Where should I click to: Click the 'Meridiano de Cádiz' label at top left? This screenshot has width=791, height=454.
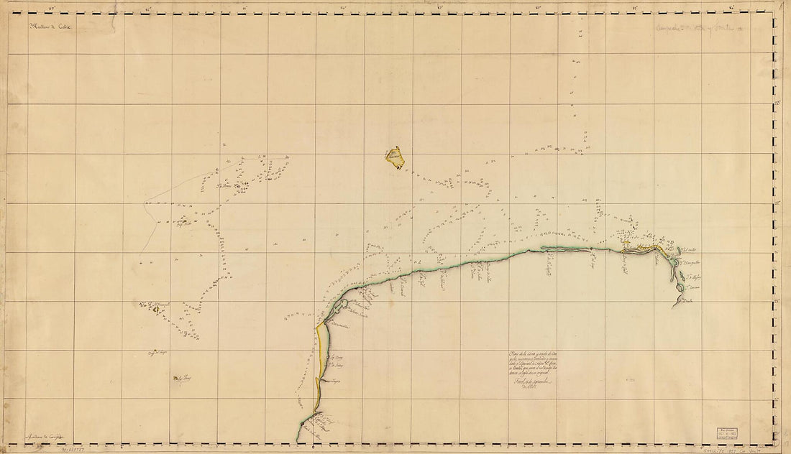click(x=52, y=27)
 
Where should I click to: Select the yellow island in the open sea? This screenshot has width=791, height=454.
click(x=394, y=157)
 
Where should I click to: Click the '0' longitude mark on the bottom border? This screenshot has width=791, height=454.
click(x=314, y=448)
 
